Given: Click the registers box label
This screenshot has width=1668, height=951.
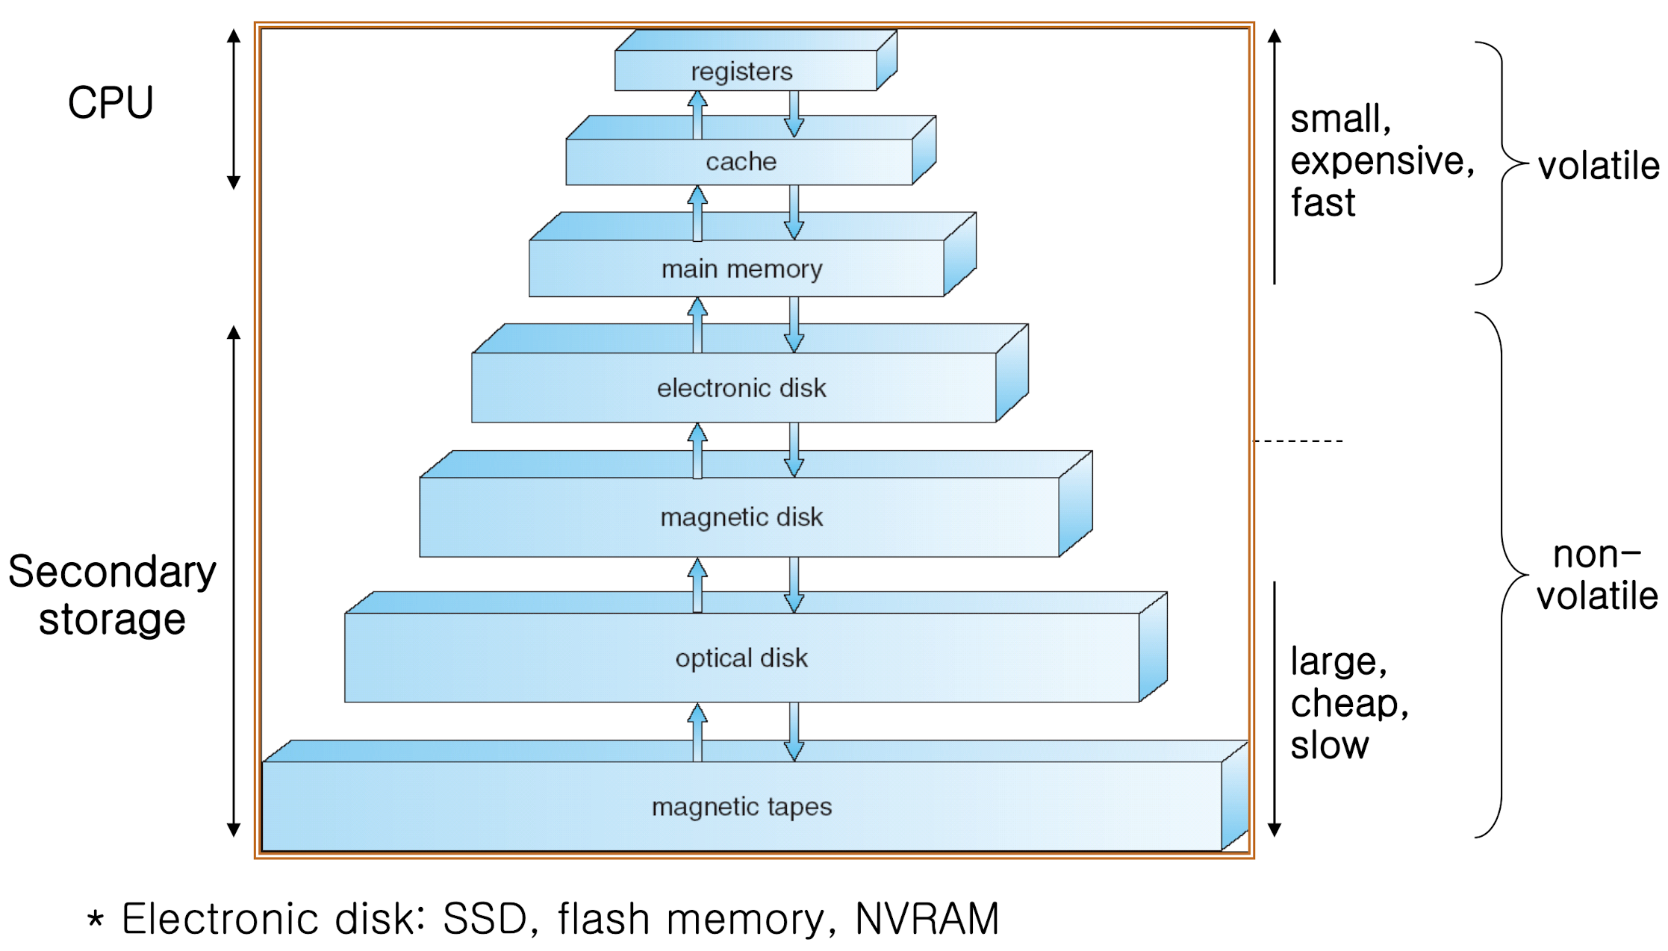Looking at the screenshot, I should tap(741, 72).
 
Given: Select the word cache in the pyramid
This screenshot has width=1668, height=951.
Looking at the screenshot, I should tap(741, 161).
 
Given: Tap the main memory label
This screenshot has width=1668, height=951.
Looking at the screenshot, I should tap(741, 269).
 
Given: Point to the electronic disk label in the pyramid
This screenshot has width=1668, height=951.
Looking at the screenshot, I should tap(741, 388).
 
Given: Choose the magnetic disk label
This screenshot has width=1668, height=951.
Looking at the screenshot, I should tap(741, 517).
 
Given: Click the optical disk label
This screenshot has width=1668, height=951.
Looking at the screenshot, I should tap(741, 658).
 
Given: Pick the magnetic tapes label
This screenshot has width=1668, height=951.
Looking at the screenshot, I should tap(741, 807).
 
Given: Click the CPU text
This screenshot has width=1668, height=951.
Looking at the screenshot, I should tap(111, 103).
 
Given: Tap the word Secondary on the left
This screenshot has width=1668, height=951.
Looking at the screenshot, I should tap(112, 573).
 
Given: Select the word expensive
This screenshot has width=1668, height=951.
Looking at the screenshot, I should tap(1381, 161).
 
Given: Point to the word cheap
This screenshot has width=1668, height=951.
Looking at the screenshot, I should tap(1348, 703).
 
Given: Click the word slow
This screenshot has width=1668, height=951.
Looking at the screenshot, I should tap(1330, 745).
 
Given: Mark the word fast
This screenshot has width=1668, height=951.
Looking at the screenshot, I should tap(1323, 203).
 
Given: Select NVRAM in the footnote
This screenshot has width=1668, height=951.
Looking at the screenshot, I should tap(927, 918).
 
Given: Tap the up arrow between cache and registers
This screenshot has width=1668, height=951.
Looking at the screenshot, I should tap(697, 114).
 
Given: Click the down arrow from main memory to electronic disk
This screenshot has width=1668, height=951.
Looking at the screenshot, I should tap(794, 325).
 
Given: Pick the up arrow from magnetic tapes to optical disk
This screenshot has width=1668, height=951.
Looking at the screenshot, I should tap(697, 732).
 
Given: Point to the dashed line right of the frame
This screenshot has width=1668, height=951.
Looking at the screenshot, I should tap(1299, 441).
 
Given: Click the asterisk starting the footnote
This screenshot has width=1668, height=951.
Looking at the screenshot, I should tap(95, 918).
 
